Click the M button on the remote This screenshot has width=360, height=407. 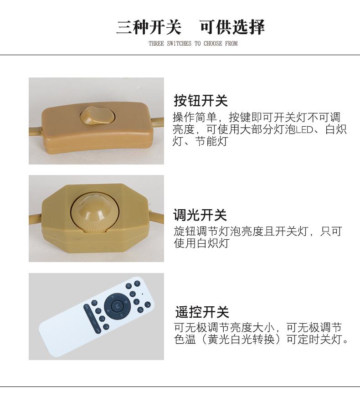pos(117,306)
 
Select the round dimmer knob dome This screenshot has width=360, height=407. pos(94,213)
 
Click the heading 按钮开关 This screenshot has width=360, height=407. pos(201,100)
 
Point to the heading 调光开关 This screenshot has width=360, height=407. pos(200,215)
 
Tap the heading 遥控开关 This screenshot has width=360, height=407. pos(202,312)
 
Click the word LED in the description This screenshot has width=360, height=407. pos(304,130)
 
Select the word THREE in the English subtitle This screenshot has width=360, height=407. pos(156,43)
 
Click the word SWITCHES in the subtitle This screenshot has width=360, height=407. pos(179,43)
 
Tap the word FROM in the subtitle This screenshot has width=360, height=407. pos(231,43)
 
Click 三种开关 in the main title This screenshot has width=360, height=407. pos(149,27)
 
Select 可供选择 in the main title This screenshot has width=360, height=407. pos(232,27)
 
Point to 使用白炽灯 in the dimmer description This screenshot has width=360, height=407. pos(201,243)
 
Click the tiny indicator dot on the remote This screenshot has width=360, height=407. pos(143,294)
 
